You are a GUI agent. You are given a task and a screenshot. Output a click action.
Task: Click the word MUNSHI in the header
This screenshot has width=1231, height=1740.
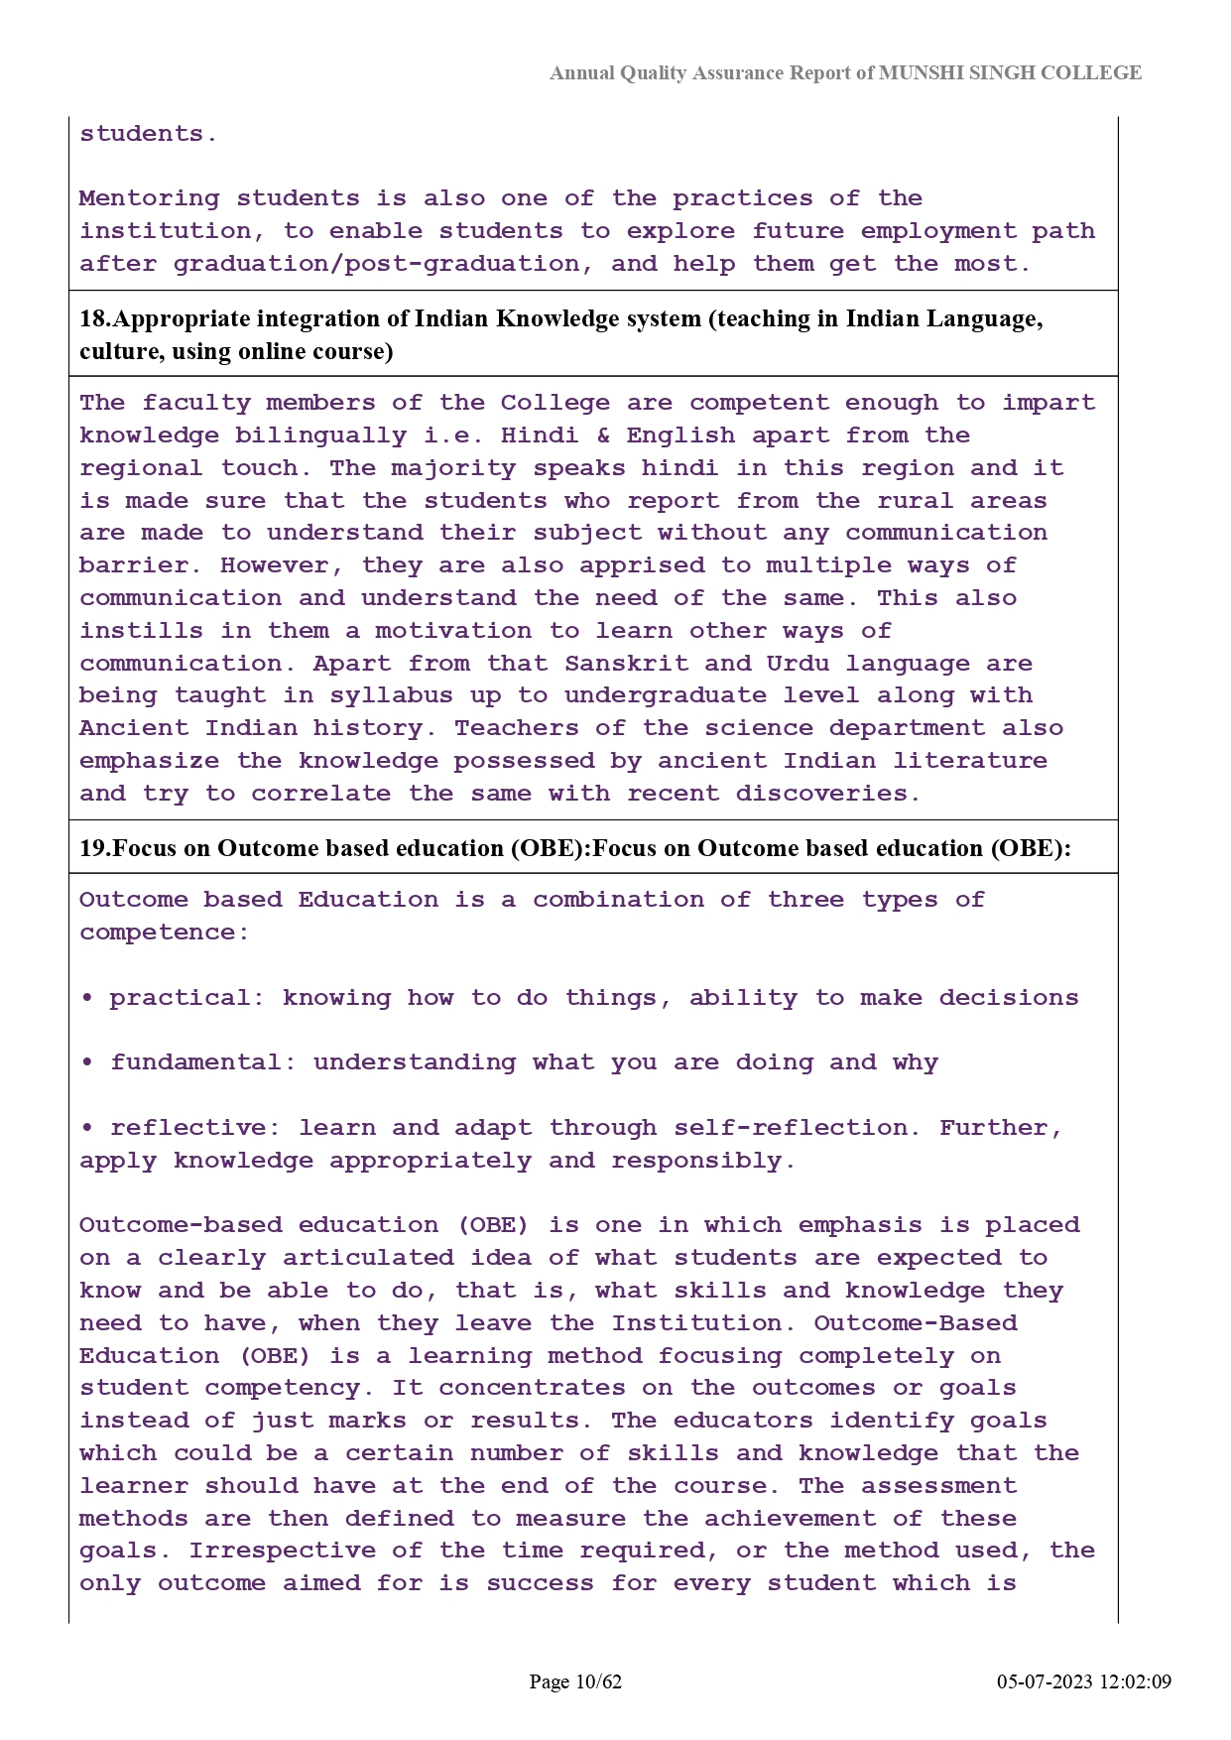(917, 73)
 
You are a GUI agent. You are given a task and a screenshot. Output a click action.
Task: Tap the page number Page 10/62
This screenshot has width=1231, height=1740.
(575, 1681)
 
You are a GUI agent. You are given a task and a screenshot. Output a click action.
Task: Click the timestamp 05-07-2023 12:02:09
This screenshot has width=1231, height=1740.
(1084, 1681)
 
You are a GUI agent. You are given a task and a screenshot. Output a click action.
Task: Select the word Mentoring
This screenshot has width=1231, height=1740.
(149, 198)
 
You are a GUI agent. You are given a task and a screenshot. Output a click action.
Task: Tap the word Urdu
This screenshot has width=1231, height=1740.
(798, 664)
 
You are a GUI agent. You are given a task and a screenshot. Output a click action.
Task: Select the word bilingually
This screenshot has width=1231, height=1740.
(320, 435)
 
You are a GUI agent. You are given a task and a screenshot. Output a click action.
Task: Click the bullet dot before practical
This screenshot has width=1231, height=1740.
(87, 998)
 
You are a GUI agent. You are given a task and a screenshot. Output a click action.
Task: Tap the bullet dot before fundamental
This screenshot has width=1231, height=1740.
(87, 1062)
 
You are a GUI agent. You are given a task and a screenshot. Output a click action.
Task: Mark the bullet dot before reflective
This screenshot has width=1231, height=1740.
(87, 1128)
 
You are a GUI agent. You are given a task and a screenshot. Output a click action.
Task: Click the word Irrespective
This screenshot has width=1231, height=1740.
(283, 1551)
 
